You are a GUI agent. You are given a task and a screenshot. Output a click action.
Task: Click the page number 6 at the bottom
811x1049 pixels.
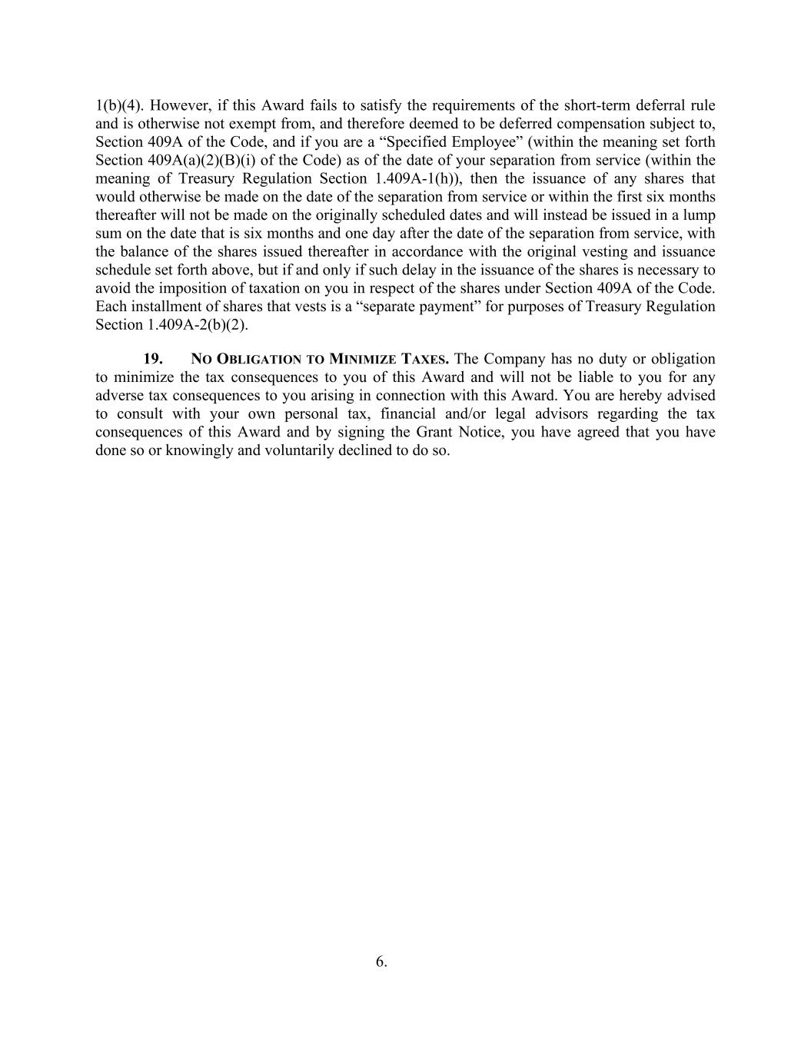(x=381, y=961)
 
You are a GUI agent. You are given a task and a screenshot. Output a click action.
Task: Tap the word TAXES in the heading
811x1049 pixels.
(x=425, y=360)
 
